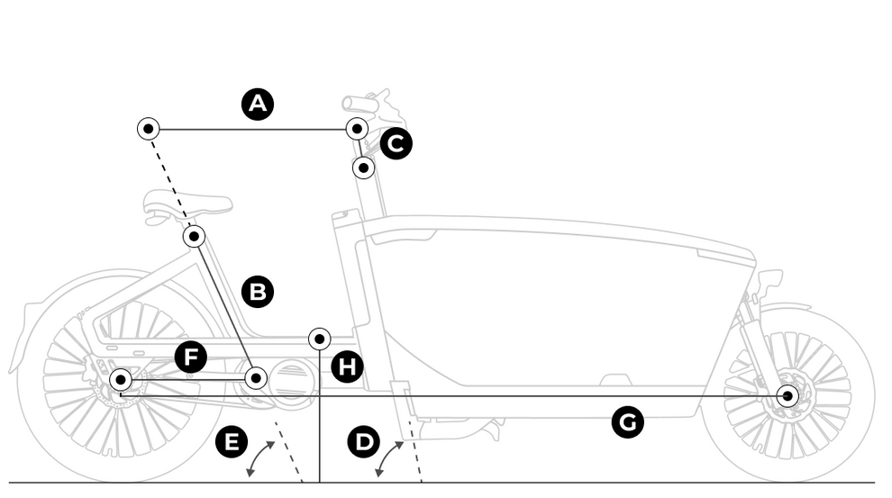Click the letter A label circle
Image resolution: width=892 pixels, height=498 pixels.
pos(258,104)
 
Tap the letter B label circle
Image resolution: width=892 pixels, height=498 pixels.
pos(258,292)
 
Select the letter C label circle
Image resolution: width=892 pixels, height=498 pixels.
pos(396,143)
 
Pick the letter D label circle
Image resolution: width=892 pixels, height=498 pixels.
pos(364,442)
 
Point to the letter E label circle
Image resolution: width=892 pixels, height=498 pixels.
pos(232,442)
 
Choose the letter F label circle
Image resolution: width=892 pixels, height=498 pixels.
pos(190,357)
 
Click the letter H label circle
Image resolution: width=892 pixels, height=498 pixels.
pos(348,367)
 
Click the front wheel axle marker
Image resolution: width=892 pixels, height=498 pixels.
pos(788,396)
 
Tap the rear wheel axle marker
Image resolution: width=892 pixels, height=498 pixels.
pos(120,379)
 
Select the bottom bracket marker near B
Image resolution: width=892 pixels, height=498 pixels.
pos(256,378)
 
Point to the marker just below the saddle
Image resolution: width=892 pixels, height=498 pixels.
pos(195,237)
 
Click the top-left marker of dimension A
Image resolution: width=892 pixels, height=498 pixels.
pos(149,129)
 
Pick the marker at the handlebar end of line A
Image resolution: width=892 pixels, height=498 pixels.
pos(357,129)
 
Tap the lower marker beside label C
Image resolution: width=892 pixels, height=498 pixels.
pos(363,168)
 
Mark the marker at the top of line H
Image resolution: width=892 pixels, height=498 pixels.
pos(320,339)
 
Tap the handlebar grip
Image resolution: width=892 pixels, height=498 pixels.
pos(359,104)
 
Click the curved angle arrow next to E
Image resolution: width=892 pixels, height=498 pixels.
pos(260,457)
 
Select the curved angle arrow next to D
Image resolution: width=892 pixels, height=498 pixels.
pos(389,457)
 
